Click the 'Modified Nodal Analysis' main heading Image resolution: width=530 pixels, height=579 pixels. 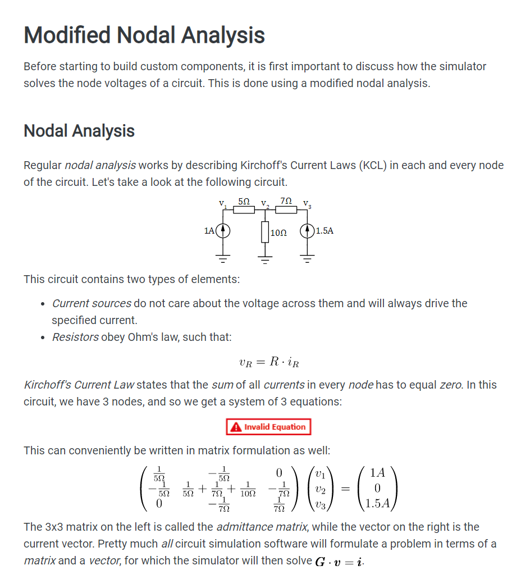click(144, 35)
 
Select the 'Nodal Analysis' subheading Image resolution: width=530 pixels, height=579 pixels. click(79, 131)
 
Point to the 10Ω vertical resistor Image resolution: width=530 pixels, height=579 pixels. click(265, 231)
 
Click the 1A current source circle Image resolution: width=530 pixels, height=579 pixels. click(223, 230)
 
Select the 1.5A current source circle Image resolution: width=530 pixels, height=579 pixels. click(307, 230)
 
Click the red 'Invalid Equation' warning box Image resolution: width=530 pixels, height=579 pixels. click(268, 427)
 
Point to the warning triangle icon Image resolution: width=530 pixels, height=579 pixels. click(236, 427)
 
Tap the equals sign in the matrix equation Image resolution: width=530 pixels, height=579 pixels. click(346, 489)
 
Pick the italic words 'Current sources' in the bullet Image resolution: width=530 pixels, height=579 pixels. click(92, 303)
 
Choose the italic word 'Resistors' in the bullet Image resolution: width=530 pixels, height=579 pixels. click(75, 337)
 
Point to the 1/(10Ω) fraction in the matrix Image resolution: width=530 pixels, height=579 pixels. click(247, 489)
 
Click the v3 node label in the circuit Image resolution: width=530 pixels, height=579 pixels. click(307, 203)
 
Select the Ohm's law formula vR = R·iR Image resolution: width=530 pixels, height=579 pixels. click(269, 362)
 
